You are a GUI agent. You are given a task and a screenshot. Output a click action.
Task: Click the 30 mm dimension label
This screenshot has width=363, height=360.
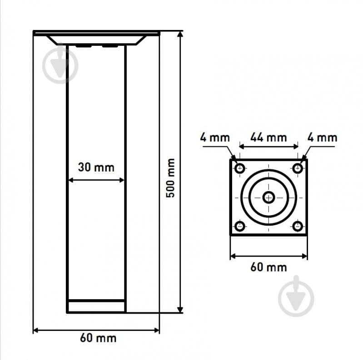(96, 167)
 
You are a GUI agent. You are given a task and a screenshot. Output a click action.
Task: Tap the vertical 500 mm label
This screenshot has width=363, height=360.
(170, 178)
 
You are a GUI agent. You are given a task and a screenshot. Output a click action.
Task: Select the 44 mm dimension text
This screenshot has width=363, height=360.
(269, 138)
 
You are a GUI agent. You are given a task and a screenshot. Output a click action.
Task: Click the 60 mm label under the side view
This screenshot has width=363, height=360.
(98, 338)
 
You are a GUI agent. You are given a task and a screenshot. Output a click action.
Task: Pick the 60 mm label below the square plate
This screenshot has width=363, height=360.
(269, 267)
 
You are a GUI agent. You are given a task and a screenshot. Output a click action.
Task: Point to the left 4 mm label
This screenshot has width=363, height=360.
(215, 138)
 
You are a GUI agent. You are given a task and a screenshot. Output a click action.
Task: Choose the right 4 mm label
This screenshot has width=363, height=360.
(322, 138)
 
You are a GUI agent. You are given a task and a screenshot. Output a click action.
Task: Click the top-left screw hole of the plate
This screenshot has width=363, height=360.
(239, 168)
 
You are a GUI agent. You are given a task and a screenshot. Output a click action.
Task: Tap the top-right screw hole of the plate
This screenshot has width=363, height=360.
(298, 168)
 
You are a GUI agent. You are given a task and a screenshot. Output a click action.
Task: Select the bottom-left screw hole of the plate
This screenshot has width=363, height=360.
(239, 226)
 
